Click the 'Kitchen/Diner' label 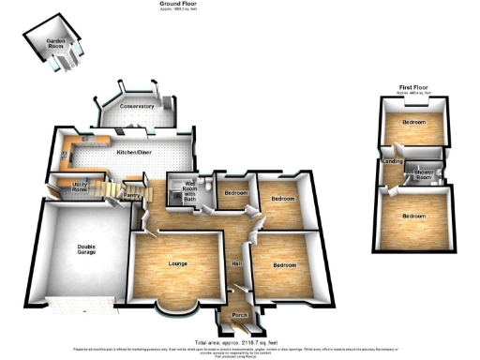click(x=133, y=151)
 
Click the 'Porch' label click(x=239, y=316)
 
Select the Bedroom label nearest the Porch click(x=284, y=264)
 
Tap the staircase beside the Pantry click(x=112, y=193)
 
